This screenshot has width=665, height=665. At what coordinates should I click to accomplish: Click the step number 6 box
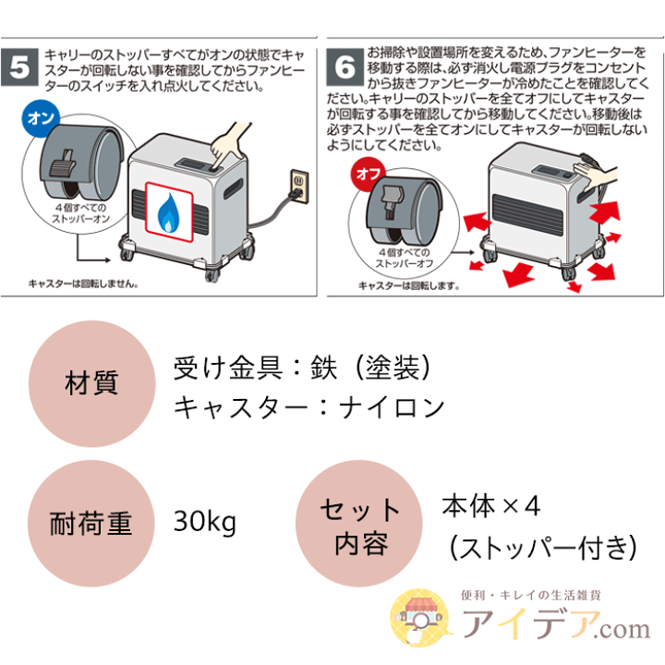345,67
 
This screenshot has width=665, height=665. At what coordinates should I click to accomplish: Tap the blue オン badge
40,119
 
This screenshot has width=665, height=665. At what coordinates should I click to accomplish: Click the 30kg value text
205,523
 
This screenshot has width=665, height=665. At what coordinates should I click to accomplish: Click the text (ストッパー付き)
541,548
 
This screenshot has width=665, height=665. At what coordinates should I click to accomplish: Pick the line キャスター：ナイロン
309,407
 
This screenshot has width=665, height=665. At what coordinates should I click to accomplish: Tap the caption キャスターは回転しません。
84,284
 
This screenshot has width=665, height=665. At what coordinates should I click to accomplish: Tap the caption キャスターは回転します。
408,285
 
